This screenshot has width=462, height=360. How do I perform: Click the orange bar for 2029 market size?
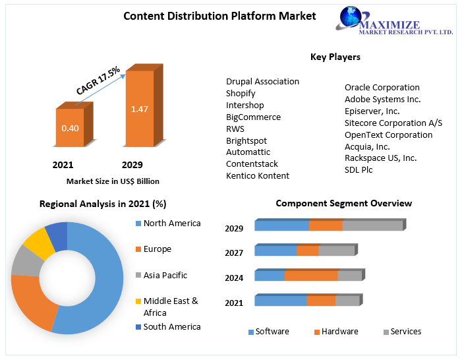[x=139, y=109]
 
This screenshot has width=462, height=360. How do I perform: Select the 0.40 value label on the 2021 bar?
[x=70, y=128]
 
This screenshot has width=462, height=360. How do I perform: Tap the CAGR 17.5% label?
[x=97, y=80]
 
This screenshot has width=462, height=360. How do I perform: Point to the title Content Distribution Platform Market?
[x=219, y=16]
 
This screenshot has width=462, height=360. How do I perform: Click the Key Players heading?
[x=335, y=57]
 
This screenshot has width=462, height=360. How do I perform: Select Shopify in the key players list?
[x=241, y=94]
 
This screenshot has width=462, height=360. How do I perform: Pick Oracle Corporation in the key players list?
[x=382, y=87]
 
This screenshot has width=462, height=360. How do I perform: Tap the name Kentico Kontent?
[x=258, y=175]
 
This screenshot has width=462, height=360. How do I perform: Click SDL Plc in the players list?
[x=359, y=169]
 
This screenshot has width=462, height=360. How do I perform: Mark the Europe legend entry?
[x=157, y=249]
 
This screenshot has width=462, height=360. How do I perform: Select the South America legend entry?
[x=172, y=326]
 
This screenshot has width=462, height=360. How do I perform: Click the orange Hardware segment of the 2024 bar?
[x=310, y=276]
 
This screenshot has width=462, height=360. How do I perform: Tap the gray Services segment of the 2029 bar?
[x=372, y=226]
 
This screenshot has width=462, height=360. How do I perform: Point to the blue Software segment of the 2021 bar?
[x=280, y=301]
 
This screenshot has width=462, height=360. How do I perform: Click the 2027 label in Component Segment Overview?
[x=234, y=253]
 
